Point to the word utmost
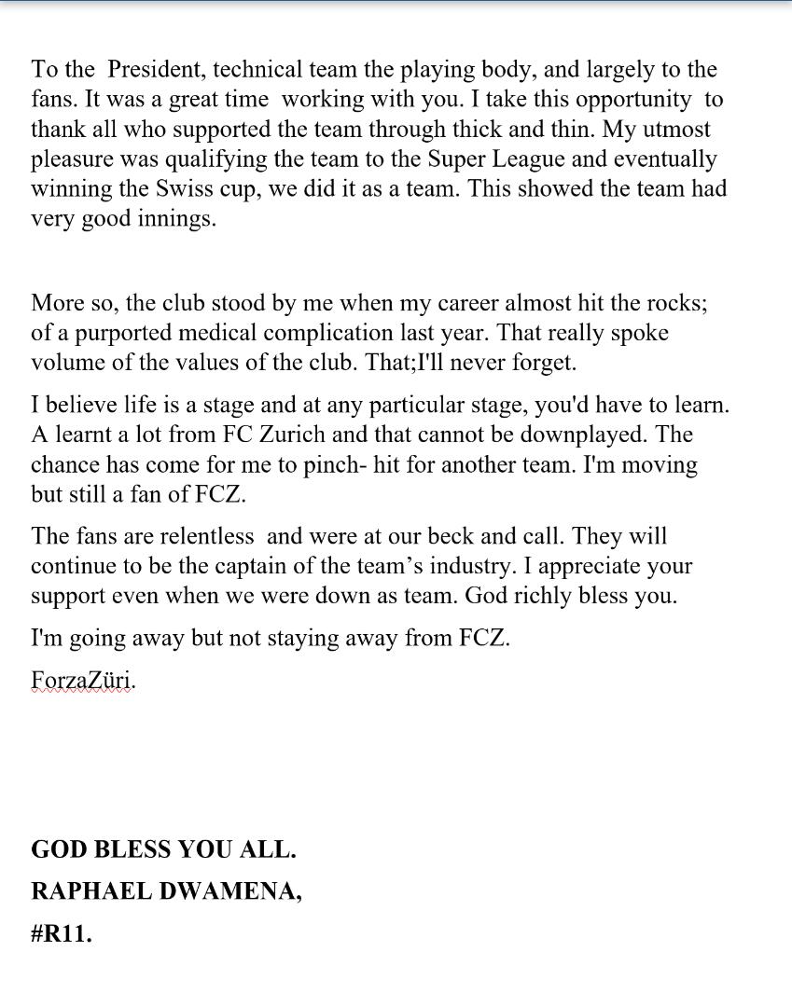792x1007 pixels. tap(674, 130)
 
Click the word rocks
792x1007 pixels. tap(676, 303)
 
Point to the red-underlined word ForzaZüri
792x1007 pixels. tap(82, 681)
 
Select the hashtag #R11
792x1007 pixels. tap(62, 933)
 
